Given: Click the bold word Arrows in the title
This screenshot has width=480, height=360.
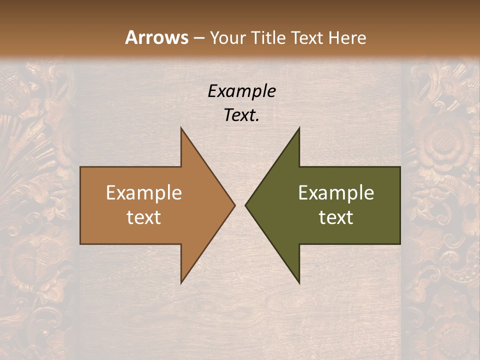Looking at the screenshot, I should [x=156, y=37].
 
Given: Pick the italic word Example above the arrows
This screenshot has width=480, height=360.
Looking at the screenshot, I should [x=241, y=91].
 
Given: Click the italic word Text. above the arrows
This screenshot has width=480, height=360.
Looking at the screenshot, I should [x=241, y=115].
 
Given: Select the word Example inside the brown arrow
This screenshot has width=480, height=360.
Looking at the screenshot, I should [x=144, y=192].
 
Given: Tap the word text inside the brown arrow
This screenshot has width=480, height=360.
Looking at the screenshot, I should [x=144, y=217].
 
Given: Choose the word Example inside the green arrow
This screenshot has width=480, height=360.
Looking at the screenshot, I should [x=336, y=192].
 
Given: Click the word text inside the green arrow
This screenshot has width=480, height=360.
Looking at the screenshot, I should [x=336, y=217].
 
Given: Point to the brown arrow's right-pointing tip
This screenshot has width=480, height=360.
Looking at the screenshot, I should [x=234, y=205].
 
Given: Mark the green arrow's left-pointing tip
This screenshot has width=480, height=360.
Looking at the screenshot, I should [x=246, y=205].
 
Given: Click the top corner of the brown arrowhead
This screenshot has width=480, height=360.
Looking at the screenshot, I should [x=181, y=128].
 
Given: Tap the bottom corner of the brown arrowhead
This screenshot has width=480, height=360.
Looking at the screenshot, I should [x=181, y=283].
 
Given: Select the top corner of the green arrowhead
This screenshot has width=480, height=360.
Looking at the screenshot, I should [x=299, y=128].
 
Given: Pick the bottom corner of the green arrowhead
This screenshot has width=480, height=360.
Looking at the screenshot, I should [x=299, y=283].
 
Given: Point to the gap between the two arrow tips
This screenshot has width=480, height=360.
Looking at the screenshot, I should [x=240, y=205].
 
